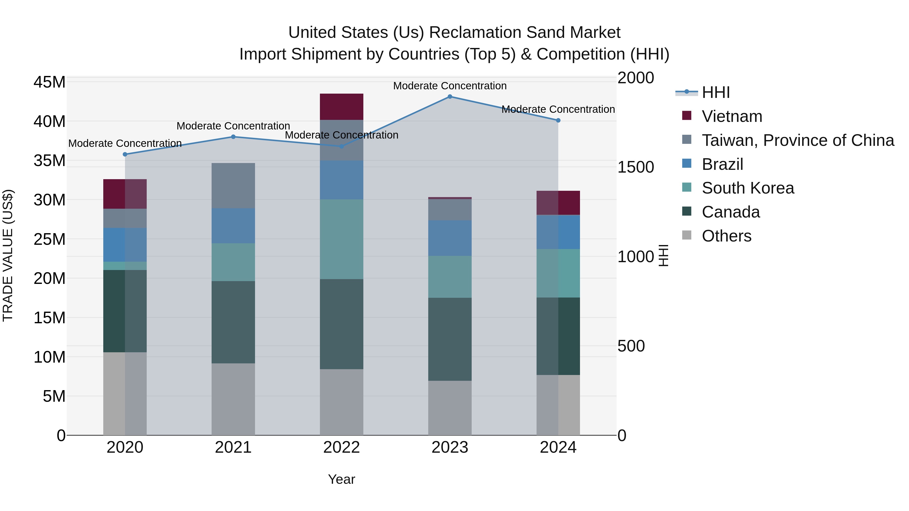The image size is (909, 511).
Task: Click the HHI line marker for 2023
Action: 449,97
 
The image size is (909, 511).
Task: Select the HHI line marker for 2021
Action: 233,137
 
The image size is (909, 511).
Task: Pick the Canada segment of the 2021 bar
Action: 233,322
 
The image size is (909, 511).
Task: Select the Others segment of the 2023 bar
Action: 449,408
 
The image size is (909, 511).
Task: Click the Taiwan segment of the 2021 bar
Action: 233,185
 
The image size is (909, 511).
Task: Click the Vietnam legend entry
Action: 732,116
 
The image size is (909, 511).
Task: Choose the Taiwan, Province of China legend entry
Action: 797,140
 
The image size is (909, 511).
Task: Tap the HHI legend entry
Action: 716,92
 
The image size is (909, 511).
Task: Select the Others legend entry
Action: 726,236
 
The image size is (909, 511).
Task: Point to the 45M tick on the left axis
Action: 49,82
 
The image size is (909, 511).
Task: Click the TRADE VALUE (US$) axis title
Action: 8,255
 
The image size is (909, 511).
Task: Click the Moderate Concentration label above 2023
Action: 449,86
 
